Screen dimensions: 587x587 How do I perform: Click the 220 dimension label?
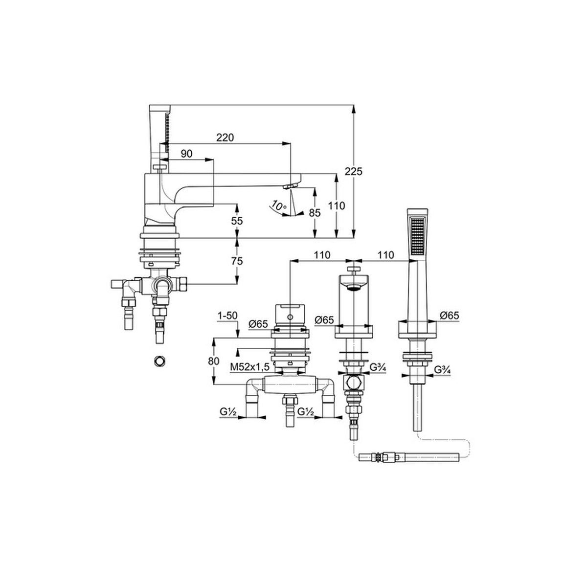point(225,137)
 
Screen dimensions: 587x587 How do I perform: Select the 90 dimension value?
point(186,154)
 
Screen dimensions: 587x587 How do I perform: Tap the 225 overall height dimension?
point(354,172)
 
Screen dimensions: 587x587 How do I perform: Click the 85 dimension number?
point(315,213)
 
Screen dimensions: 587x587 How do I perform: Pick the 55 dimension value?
point(237,221)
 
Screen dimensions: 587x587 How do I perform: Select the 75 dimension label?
point(237,261)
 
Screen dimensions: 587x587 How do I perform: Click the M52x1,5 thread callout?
point(250,367)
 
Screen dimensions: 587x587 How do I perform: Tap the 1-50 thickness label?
point(227,316)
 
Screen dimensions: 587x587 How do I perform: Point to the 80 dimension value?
point(214,361)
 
